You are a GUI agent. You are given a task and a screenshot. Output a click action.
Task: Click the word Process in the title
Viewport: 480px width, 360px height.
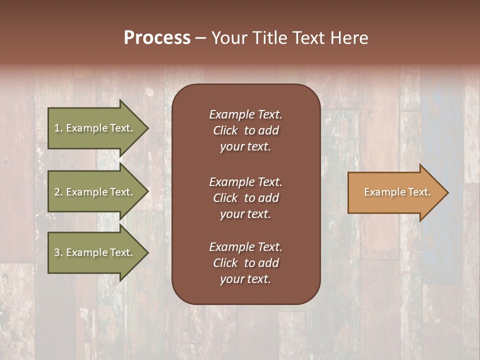157,38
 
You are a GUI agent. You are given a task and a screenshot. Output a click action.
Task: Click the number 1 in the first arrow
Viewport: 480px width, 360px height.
57,128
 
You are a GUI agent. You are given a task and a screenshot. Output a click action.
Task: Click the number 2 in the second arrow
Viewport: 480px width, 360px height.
57,192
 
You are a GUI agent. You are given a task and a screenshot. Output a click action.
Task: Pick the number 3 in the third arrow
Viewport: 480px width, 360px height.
57,252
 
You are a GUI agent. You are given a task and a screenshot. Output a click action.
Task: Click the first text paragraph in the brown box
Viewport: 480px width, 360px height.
245,130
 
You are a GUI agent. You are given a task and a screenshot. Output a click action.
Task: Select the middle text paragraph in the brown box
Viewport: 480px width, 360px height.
245,198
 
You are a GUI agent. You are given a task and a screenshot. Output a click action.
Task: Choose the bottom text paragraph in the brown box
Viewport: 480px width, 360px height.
245,263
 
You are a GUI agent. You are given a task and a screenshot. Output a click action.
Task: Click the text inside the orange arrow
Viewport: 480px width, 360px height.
397,192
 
